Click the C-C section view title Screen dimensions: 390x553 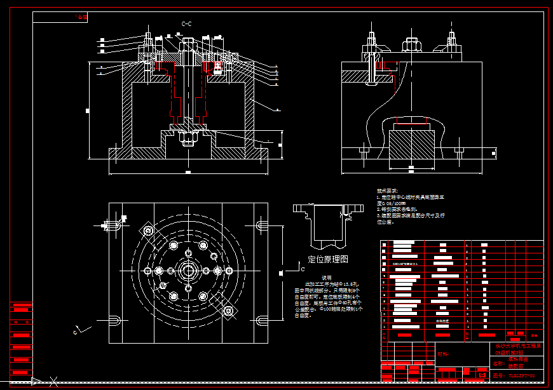(x=187, y=24)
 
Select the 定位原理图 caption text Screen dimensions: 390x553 (x=328, y=259)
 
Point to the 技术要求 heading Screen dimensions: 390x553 (x=386, y=191)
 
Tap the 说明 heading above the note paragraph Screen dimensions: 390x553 (x=326, y=278)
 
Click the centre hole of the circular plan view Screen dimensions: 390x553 (x=188, y=271)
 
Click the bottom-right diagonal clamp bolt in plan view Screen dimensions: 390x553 (x=228, y=311)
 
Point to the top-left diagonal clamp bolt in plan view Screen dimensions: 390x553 (x=149, y=231)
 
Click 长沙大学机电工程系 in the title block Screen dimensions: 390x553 (x=517, y=347)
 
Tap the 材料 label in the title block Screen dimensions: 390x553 (x=443, y=354)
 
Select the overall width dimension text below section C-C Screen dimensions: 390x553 (x=188, y=171)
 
